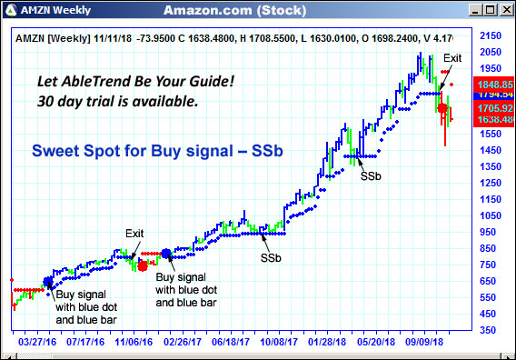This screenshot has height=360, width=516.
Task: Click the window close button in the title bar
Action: [x=505, y=9]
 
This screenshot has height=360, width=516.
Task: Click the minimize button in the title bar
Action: [x=474, y=9]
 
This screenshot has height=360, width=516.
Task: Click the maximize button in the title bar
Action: [x=490, y=9]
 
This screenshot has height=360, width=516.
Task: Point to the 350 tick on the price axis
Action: [x=488, y=331]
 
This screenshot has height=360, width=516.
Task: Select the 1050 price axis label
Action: [x=491, y=215]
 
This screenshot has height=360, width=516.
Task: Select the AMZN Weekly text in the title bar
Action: [x=45, y=10]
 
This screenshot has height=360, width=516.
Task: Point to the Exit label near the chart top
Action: [x=452, y=58]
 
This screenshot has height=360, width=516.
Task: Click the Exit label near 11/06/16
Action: [x=134, y=234]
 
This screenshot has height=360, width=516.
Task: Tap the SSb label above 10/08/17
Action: [x=271, y=258]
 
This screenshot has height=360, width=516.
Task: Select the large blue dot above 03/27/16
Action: [x=48, y=282]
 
